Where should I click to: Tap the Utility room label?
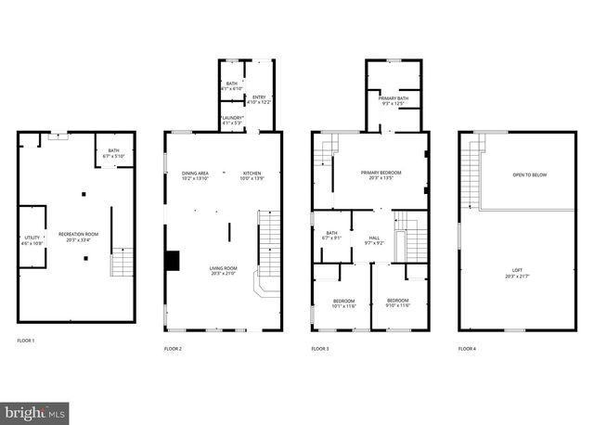32,241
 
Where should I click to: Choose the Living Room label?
223,270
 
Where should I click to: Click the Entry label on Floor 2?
259,98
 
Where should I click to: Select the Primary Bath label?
394,99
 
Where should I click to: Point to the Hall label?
374,239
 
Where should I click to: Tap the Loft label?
517,271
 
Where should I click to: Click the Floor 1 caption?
26,341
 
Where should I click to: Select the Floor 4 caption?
467,348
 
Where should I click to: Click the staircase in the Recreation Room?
123,264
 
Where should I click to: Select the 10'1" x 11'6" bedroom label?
343,303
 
